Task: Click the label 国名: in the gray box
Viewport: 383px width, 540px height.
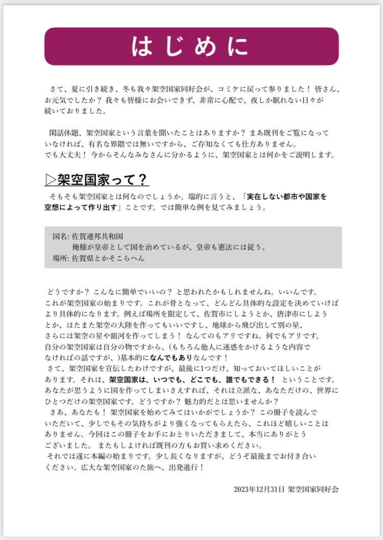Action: coord(60,237)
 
